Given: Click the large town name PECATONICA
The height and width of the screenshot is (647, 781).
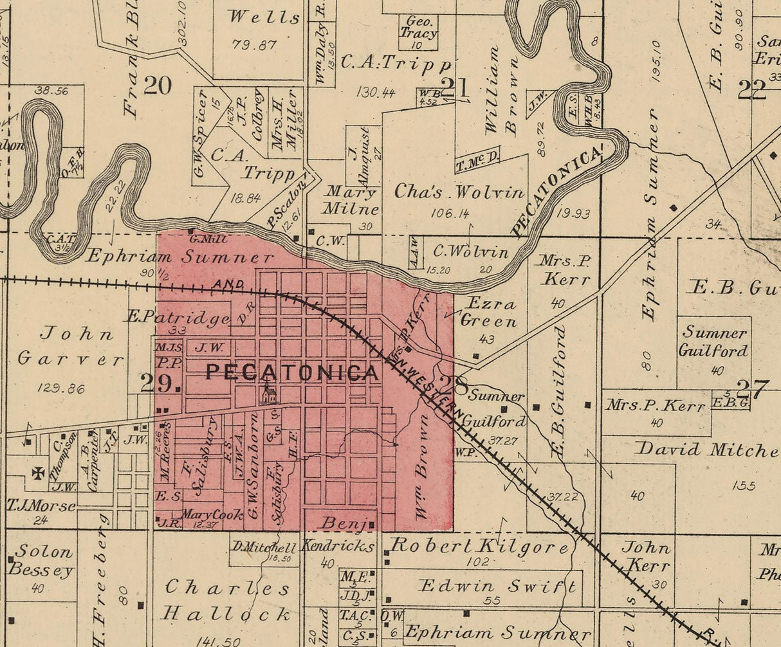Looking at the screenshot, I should coord(291,372).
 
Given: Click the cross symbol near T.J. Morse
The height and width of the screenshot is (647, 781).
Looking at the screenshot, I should coord(39,473).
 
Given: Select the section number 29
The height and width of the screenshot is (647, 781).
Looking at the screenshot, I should coord(159,384).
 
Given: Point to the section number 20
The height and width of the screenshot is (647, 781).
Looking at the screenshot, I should coord(158,86).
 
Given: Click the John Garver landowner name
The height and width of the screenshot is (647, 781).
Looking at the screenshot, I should coord(70,346).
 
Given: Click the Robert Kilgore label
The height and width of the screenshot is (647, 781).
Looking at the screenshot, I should coord(479,547).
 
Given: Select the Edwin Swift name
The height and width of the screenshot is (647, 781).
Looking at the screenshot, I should coord(497,586).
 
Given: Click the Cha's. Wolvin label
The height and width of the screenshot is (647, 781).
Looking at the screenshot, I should coord(459,192).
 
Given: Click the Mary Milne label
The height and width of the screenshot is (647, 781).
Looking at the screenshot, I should coord(351,200).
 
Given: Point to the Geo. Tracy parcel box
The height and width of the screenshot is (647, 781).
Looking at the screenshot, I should coord(419,31).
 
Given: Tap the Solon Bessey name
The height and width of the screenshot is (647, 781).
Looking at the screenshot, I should coord(41,561).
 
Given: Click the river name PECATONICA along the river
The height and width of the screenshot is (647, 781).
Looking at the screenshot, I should coord(557,191).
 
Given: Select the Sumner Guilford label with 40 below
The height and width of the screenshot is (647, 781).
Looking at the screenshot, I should coord(715,342).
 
